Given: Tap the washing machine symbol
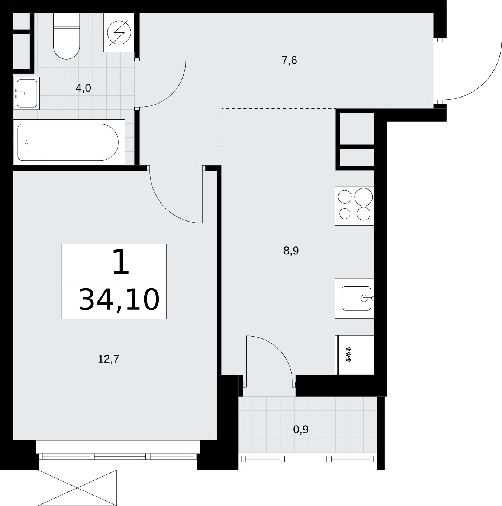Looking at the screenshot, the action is [119, 32].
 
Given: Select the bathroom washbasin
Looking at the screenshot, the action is [26, 93].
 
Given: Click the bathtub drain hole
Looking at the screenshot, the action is [26, 142].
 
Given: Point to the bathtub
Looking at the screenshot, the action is [69, 142].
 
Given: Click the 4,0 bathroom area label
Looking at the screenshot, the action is [83, 88].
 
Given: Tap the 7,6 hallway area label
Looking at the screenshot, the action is [289, 60].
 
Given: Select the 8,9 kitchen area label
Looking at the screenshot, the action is [291, 251].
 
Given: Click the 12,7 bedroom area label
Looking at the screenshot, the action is [108, 359].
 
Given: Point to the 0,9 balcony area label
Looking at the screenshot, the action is [300, 429].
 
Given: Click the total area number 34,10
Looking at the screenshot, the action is [119, 300].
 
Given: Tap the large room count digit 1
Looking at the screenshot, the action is [121, 262].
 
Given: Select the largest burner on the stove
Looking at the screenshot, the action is [364, 197].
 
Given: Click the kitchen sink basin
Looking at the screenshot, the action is [357, 298].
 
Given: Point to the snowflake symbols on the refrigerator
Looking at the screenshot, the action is [348, 354].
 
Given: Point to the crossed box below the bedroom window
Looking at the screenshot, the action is [77, 488].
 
